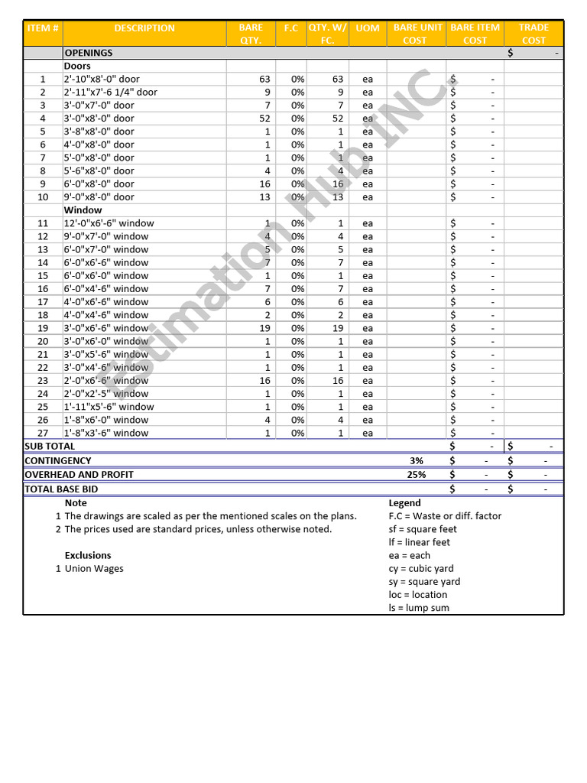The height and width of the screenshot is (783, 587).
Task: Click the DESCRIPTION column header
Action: pyautogui.click(x=144, y=28)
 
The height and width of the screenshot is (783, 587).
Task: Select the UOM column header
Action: pyautogui.click(x=368, y=28)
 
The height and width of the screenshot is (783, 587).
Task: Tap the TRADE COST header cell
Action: pyautogui.click(x=533, y=34)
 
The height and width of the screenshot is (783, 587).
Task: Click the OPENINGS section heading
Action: pyautogui.click(x=89, y=53)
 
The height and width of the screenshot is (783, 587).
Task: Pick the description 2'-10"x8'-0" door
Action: pyautogui.click(x=102, y=79)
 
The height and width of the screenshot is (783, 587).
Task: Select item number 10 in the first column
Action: pyautogui.click(x=43, y=197)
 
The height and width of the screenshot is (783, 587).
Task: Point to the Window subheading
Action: pyautogui.click(x=83, y=210)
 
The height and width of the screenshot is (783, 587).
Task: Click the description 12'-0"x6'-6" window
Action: pyautogui.click(x=109, y=223)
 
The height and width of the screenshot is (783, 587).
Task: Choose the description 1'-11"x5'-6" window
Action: pyautogui.click(x=109, y=407)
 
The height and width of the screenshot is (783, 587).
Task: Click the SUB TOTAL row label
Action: pyautogui.click(x=50, y=446)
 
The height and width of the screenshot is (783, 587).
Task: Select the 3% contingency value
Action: pyautogui.click(x=416, y=461)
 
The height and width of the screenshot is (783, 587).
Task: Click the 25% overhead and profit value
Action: pyautogui.click(x=416, y=475)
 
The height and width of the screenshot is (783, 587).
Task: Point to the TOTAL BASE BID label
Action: pyautogui.click(x=61, y=489)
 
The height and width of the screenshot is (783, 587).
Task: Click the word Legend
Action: pyautogui.click(x=404, y=503)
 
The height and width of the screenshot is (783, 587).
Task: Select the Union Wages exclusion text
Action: pyautogui.click(x=94, y=569)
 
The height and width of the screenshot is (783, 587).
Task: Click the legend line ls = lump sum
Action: pyautogui.click(x=419, y=608)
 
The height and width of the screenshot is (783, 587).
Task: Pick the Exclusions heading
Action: pyautogui.click(x=88, y=556)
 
